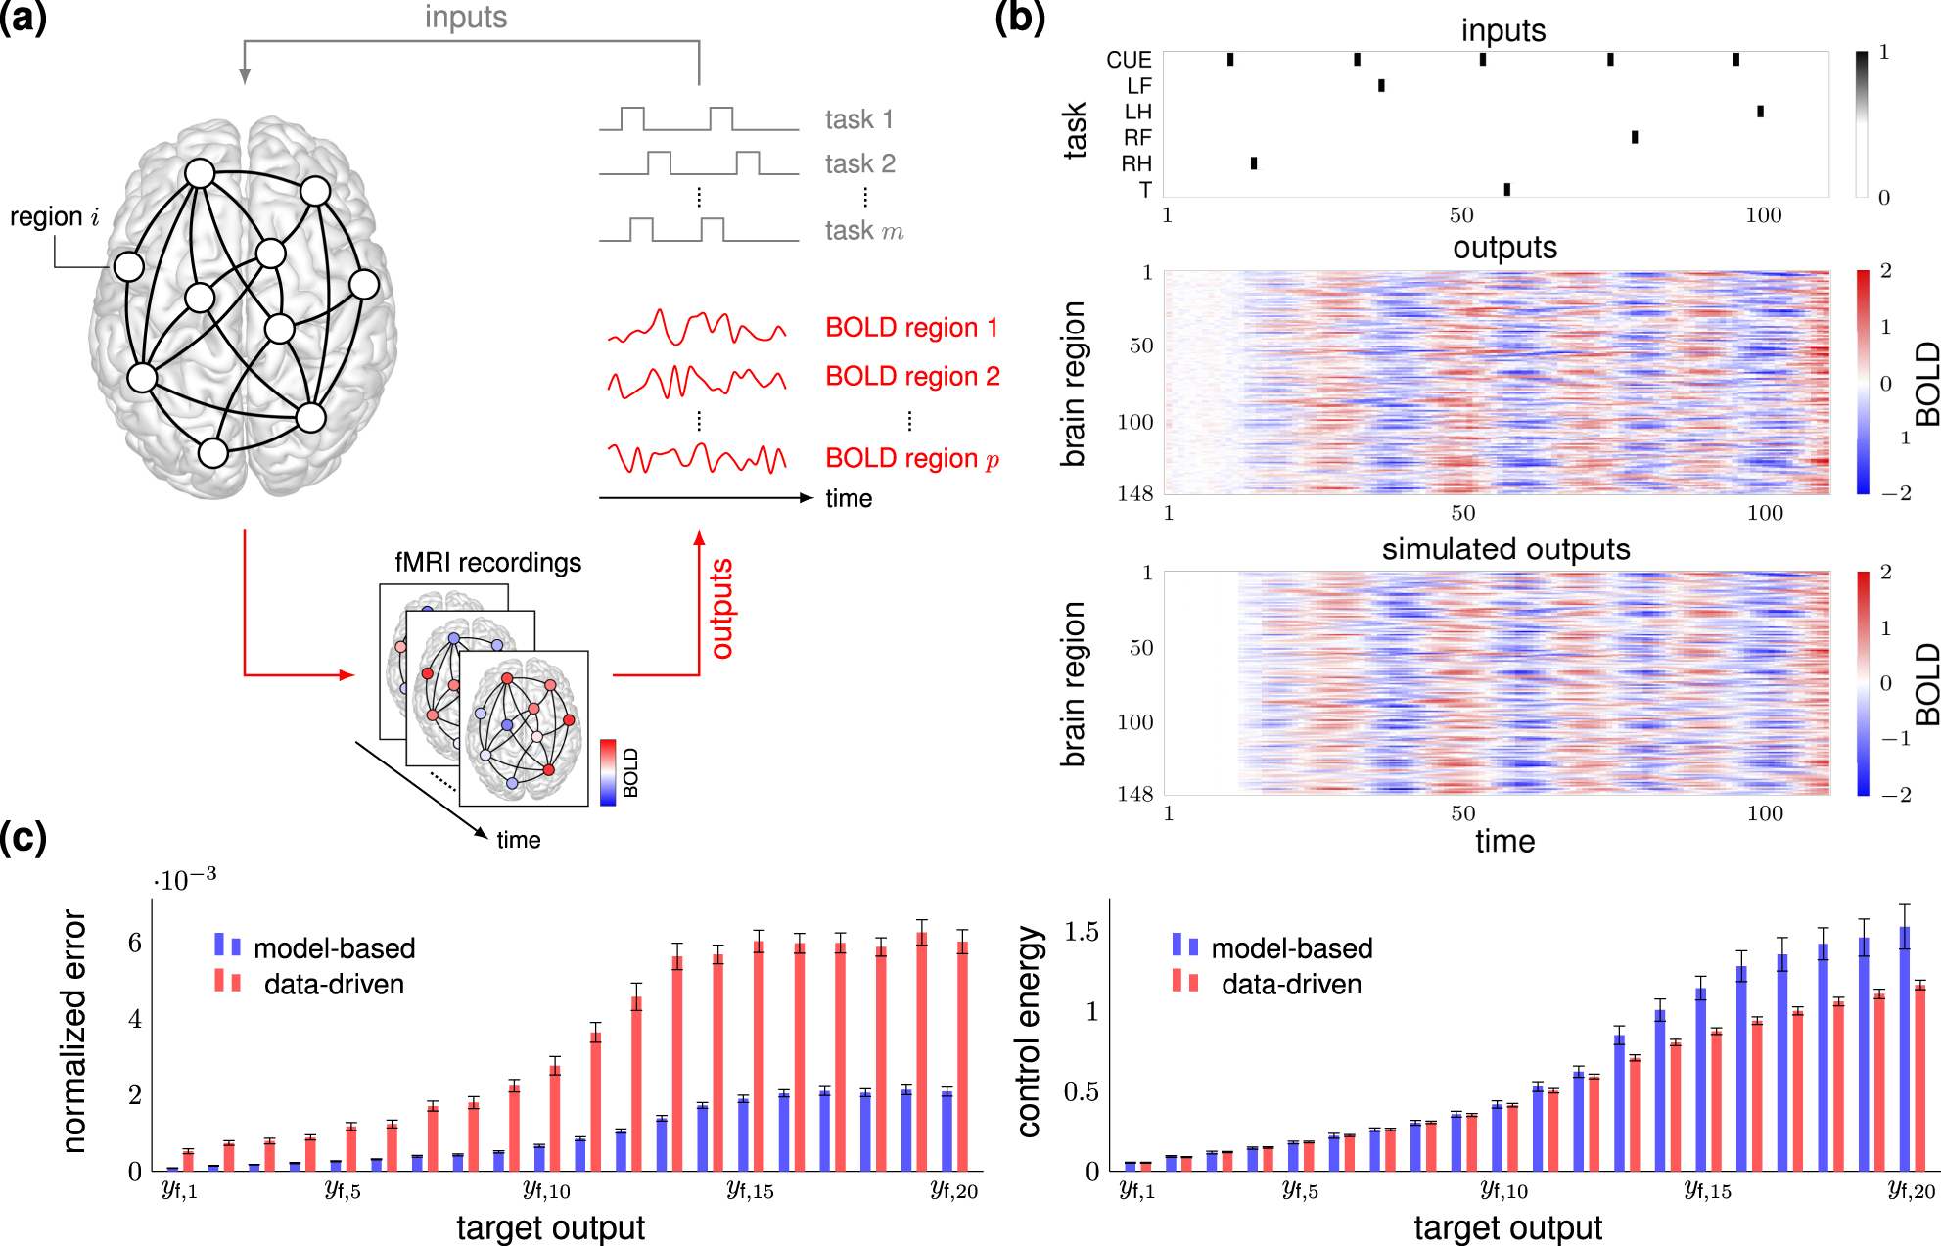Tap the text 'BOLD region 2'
(912, 377)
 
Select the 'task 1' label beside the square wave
(858, 119)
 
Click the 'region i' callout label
(54, 216)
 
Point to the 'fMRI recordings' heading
(487, 563)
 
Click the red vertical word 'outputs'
(721, 609)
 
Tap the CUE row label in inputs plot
(1129, 60)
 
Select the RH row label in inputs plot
(1136, 163)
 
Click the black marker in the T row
(1506, 189)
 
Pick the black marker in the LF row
(1381, 85)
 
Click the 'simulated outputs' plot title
(1505, 549)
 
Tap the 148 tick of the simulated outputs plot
(1135, 794)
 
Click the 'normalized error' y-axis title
(74, 1031)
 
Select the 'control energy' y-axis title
(1029, 1032)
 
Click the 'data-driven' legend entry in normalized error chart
(333, 984)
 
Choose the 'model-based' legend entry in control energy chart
(1291, 947)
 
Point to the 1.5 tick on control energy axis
(1081, 932)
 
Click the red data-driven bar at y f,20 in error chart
(962, 1056)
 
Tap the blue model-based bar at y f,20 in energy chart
(1904, 1048)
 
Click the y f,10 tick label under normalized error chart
(546, 1191)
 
